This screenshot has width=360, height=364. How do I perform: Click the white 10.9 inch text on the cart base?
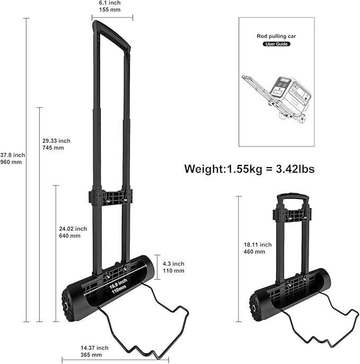(x=118, y=283)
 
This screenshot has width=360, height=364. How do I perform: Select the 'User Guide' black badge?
(x=276, y=44)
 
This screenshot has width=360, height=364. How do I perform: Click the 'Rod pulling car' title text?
(x=276, y=36)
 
